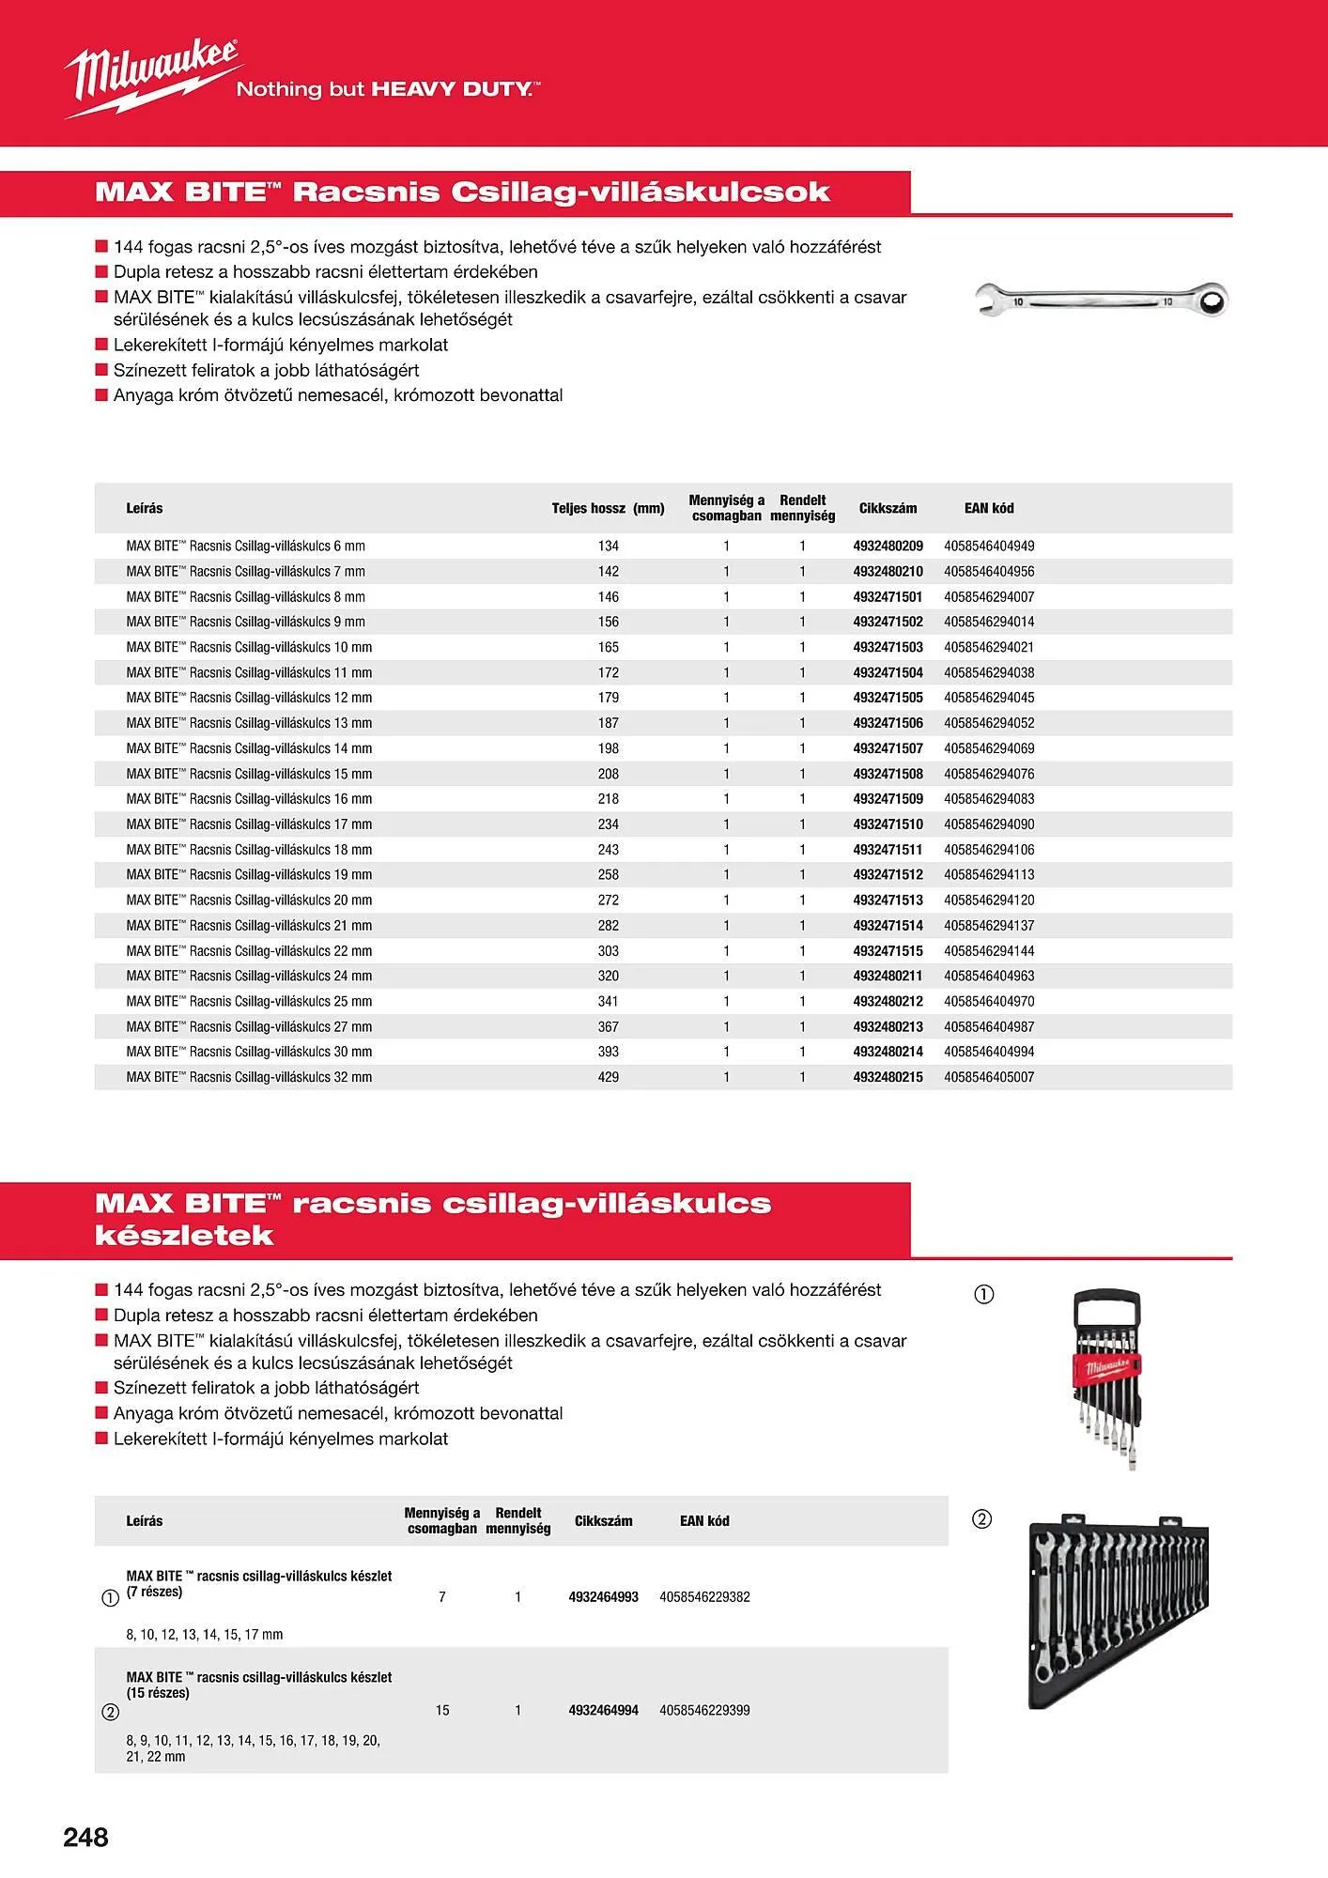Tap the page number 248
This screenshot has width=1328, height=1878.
tap(85, 1838)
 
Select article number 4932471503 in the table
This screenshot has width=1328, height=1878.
tap(888, 647)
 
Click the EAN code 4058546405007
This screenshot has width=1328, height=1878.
tap(989, 1077)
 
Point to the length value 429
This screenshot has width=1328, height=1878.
tap(609, 1077)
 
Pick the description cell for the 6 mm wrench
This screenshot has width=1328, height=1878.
tap(246, 546)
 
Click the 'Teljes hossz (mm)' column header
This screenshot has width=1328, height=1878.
tap(608, 508)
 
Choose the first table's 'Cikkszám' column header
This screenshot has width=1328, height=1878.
tap(888, 508)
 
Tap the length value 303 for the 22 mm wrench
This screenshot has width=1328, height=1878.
tap(609, 950)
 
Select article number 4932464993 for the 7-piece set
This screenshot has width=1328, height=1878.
tap(603, 1596)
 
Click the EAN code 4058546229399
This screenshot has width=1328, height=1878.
tap(704, 1710)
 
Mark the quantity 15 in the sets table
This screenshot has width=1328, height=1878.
tap(442, 1710)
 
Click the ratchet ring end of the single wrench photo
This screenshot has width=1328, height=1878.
tap(1212, 300)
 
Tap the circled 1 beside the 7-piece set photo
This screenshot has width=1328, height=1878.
tap(983, 1295)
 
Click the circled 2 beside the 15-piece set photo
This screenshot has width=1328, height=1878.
tap(981, 1518)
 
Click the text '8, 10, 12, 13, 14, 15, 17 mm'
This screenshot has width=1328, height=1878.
tap(205, 1634)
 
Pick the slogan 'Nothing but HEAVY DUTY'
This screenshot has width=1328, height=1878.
tap(387, 89)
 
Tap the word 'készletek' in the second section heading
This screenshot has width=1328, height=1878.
tap(184, 1235)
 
